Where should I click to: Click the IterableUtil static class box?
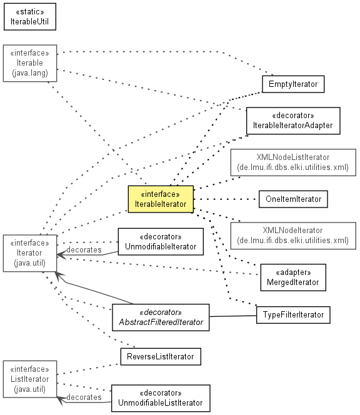30,17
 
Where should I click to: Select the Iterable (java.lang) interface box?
30,63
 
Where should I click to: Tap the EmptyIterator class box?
293,84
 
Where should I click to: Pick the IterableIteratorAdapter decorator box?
293,121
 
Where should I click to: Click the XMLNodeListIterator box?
293,162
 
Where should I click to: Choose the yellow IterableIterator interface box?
161,199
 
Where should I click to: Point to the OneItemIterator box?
293,199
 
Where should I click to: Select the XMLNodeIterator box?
293,236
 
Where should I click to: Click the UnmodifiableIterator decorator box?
161,242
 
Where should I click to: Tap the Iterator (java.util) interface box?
30,253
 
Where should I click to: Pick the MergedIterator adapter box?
293,277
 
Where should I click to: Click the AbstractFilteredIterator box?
161,317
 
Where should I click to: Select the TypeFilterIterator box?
293,315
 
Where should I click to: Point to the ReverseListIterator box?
161,356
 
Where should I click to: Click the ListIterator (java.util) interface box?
30,379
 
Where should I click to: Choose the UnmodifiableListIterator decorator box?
161,398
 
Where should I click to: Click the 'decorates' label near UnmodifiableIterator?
84,249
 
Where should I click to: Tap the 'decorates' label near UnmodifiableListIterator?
84,397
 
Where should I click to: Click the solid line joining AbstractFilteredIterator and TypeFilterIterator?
233,316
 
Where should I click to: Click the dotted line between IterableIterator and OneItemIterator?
226,199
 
